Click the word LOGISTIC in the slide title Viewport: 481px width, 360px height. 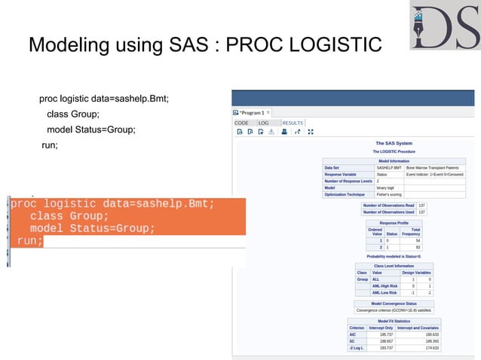click(332, 45)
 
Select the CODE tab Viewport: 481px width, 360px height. click(242, 122)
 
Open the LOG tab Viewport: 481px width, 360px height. click(264, 122)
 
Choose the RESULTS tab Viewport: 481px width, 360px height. click(293, 122)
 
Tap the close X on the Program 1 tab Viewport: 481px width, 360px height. click(268, 112)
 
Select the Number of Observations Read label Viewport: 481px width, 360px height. click(389, 205)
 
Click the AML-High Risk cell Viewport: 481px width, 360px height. click(386, 286)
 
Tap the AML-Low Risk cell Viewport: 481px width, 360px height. click(386, 293)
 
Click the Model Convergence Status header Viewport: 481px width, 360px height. click(394, 304)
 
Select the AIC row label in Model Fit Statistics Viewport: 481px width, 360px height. click(352, 334)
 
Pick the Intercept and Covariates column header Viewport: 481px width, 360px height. click(418, 328)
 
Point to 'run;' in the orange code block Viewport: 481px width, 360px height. click(29, 241)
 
